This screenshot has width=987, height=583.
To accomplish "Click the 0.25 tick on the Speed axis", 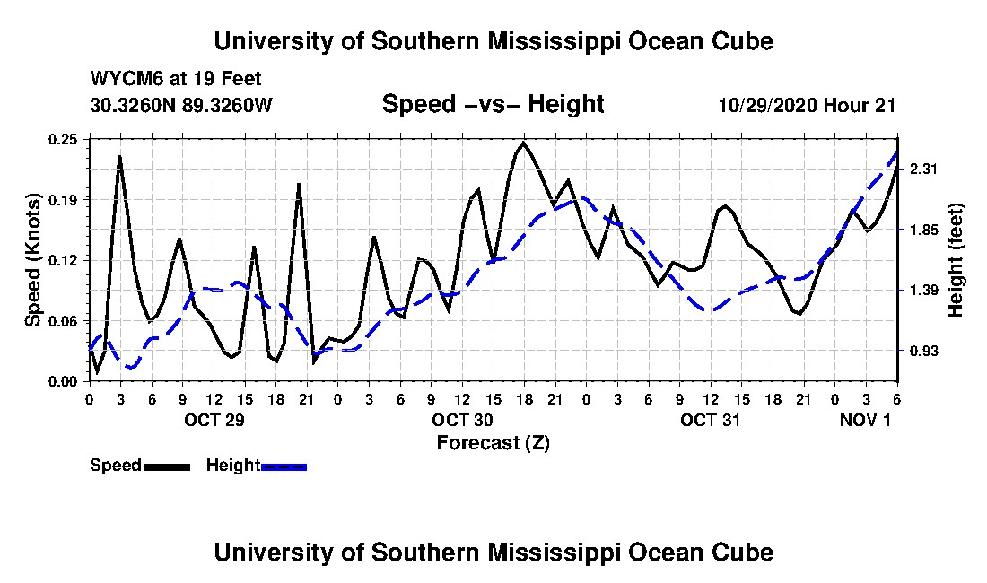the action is (63, 139).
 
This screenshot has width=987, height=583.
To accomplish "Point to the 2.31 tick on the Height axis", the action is (924, 169).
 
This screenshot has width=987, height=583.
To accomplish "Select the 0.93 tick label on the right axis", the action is (924, 351).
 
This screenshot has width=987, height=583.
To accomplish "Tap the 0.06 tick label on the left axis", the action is (63, 321).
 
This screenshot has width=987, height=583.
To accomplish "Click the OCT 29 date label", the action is (214, 420).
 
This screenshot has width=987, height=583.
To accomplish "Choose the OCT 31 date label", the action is (710, 420).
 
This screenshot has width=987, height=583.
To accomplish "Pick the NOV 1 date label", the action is (866, 420).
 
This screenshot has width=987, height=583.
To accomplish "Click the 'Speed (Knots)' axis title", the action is (32, 260).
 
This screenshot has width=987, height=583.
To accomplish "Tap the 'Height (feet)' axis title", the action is (956, 260).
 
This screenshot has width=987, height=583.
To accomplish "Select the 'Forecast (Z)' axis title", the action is (493, 443).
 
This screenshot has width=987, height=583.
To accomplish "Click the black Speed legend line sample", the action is (168, 466).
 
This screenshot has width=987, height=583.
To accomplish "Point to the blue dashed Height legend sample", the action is (284, 466).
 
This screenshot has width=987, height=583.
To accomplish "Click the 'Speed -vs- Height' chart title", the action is (493, 104).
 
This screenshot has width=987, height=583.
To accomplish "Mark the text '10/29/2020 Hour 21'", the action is (807, 105).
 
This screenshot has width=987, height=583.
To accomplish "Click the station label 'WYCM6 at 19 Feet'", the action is (176, 79).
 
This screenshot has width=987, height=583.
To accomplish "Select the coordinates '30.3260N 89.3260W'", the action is (181, 105).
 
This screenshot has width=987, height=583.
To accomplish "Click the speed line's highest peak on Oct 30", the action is (523, 143).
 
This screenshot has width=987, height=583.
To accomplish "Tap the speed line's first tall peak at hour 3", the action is (119, 156).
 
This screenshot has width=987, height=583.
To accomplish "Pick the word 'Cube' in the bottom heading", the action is (743, 553).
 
